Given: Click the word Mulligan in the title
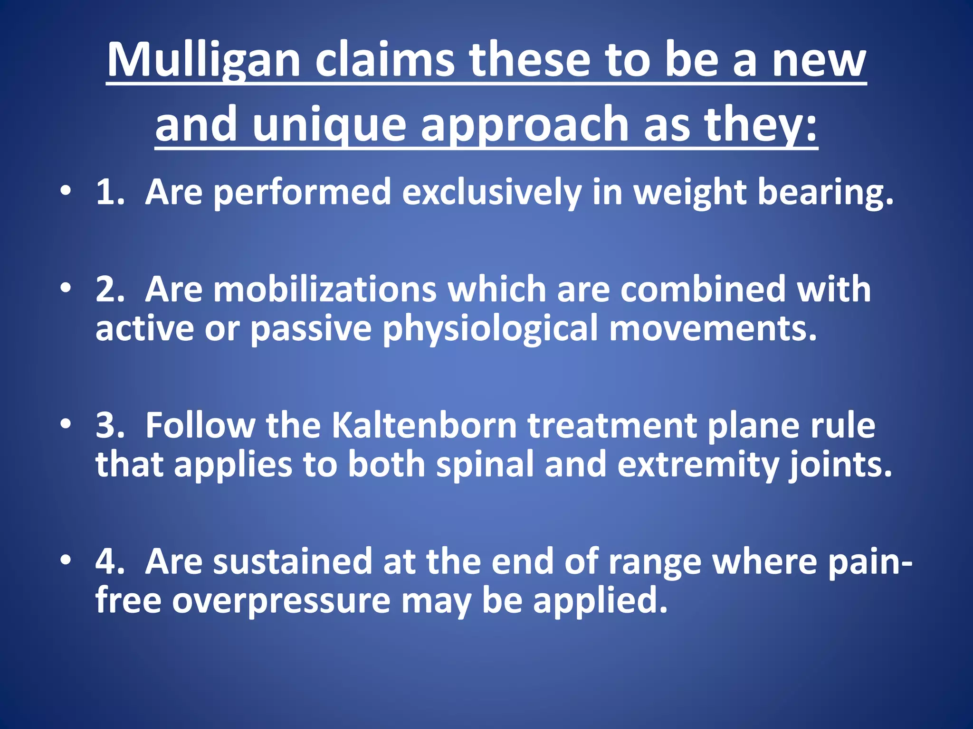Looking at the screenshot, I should pyautogui.click(x=203, y=61).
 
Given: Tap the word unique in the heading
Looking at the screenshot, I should pyautogui.click(x=329, y=124).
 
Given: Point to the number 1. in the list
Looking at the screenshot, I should pyautogui.click(x=110, y=192).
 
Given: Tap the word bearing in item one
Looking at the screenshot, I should pyautogui.click(x=825, y=192).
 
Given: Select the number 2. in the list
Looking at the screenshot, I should pyautogui.click(x=110, y=289).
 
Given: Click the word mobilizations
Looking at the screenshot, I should pyautogui.click(x=324, y=289).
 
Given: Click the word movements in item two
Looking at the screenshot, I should pyautogui.click(x=713, y=328).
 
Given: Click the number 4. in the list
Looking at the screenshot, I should pyautogui.click(x=110, y=561).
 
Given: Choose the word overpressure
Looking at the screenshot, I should pyautogui.click(x=281, y=600).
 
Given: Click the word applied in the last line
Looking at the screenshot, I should pyautogui.click(x=600, y=600).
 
